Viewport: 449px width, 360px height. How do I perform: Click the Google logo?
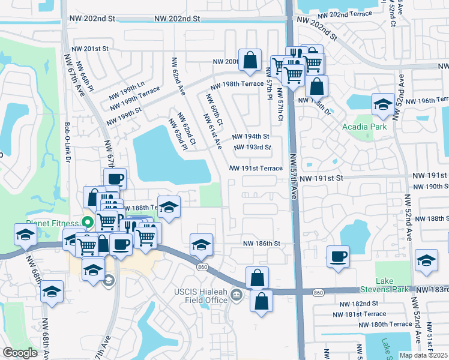(20, 353)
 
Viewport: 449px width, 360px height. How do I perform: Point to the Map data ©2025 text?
(424, 355)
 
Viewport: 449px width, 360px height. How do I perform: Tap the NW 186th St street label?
(261, 244)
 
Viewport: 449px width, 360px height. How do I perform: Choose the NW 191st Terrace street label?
(256, 169)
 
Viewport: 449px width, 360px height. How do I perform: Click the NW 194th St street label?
(250, 137)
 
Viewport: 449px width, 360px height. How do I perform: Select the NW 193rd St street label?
(252, 147)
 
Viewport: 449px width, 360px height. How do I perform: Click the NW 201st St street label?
(89, 49)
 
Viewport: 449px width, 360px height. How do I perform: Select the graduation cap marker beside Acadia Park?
(382, 105)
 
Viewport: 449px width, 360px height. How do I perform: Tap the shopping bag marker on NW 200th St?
(250, 59)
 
